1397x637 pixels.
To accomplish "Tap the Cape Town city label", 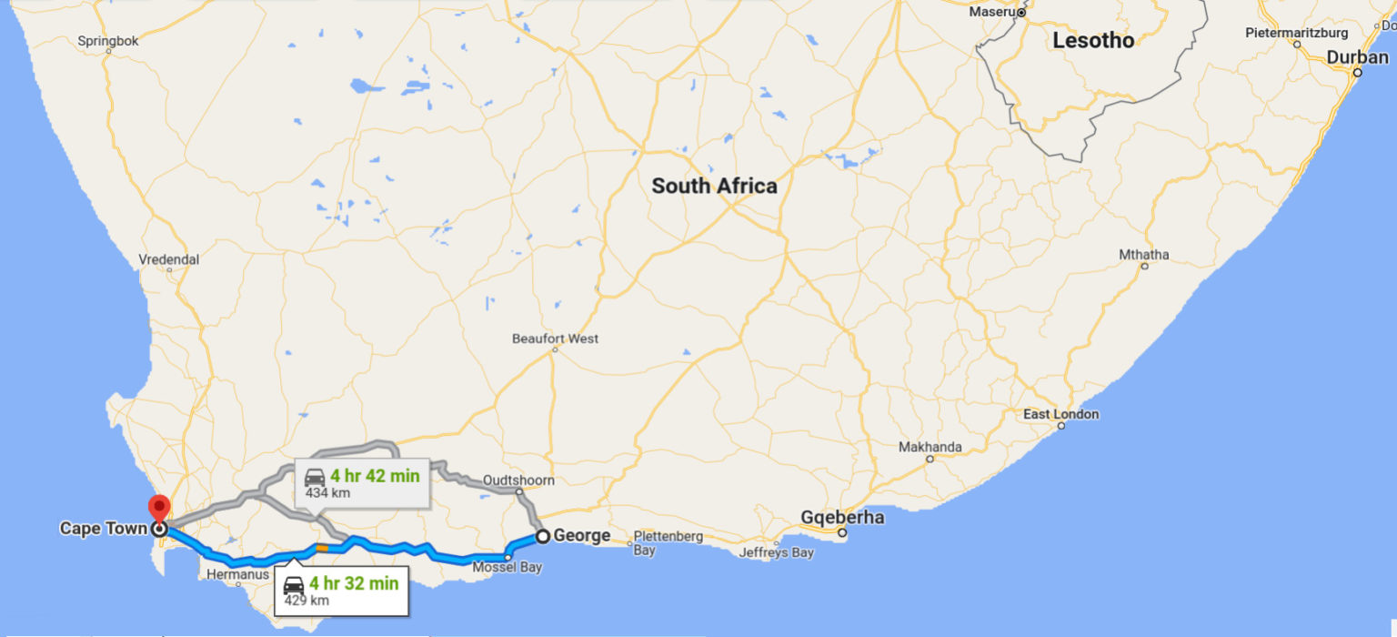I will (x=103, y=529).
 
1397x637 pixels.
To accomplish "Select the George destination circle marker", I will (x=543, y=536).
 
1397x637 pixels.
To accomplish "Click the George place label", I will (x=582, y=536).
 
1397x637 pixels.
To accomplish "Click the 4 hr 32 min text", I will (x=353, y=584).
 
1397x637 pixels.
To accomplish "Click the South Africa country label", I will (x=714, y=187).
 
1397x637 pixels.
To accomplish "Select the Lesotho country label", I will (x=1093, y=41).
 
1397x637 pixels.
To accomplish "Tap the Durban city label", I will (x=1357, y=57).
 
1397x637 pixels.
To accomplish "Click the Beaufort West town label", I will (x=555, y=339).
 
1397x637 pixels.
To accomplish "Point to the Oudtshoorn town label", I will (x=518, y=480).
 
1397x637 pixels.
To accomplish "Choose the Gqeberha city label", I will (x=842, y=518).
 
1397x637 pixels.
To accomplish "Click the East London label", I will (x=1060, y=415).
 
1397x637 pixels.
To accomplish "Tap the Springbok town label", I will (x=107, y=40).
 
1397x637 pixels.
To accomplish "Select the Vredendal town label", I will (x=168, y=259).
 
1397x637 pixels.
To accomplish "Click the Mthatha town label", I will (x=1143, y=255).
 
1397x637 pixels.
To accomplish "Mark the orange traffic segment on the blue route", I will (x=322, y=548).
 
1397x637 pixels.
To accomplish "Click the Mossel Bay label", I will (x=507, y=568).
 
